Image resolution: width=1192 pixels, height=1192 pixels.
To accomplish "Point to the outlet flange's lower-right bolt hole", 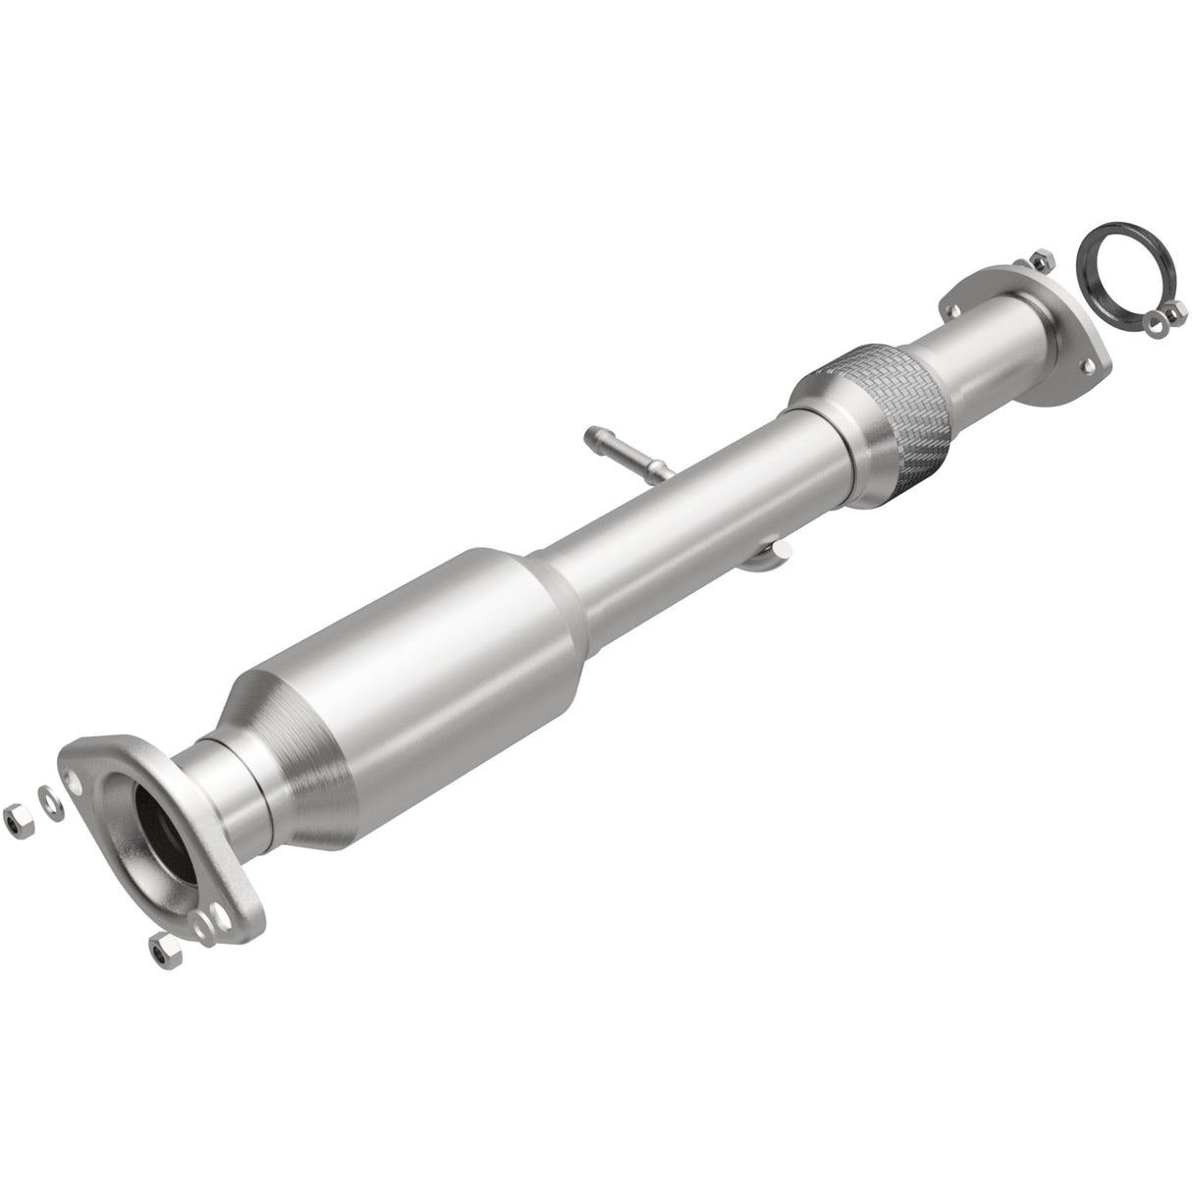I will [1088, 368].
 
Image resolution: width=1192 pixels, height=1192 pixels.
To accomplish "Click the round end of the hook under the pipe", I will [779, 557].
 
